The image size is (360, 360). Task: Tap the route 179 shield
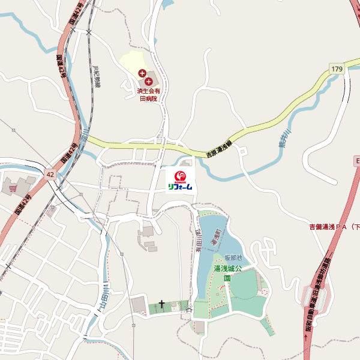337,70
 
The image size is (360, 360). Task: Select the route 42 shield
49,174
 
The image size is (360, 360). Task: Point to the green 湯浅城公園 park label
227,273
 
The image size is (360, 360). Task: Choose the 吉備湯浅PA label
334,227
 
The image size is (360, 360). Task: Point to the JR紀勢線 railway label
97,75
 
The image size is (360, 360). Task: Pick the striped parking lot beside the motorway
317,298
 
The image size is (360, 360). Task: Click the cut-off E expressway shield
356,162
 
